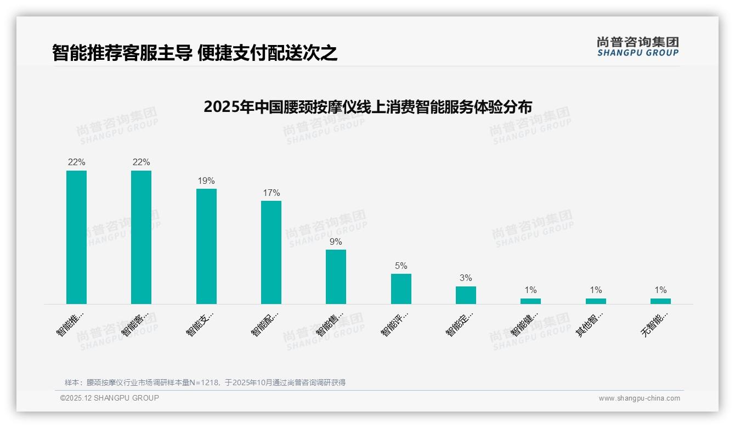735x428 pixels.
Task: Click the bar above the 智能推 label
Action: [76, 237]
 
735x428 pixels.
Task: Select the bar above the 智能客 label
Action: [141, 237]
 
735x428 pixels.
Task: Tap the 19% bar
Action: [206, 246]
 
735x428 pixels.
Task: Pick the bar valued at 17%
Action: [271, 252]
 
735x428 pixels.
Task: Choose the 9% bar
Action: [336, 277]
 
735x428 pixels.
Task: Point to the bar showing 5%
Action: [401, 289]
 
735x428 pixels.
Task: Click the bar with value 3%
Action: [466, 295]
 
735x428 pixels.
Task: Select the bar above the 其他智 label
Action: [596, 301]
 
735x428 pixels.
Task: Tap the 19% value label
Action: [206, 181]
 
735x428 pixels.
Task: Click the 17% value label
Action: [271, 193]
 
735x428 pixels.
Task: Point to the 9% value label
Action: [336, 242]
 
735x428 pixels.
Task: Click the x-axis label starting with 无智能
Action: [654, 324]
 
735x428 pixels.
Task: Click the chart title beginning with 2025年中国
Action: [367, 107]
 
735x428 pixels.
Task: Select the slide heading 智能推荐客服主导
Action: [195, 53]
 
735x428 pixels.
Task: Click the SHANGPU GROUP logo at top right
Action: [637, 47]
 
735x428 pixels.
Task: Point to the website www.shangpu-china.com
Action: [639, 398]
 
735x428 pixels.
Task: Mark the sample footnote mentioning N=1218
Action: [205, 382]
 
